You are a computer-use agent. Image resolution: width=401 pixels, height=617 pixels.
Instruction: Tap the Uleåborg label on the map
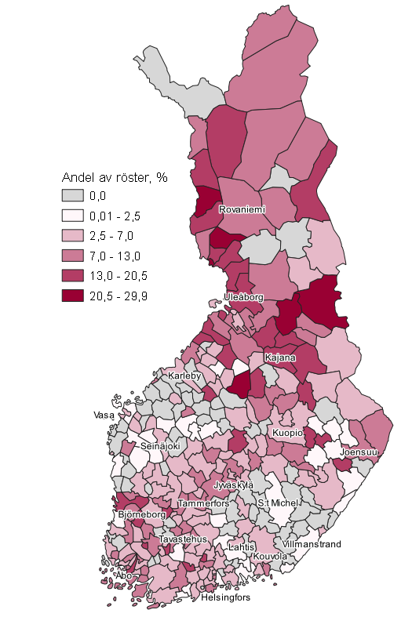coord(243,297)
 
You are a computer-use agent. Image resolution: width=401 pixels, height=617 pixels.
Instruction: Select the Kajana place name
coord(281,358)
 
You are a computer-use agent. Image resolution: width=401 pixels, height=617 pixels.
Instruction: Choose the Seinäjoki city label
coord(159,445)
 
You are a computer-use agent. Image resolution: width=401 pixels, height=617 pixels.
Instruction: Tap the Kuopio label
coord(287,433)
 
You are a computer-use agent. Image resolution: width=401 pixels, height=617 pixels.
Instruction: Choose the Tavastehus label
coord(182,539)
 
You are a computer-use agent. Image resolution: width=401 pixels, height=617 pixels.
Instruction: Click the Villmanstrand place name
coord(312,543)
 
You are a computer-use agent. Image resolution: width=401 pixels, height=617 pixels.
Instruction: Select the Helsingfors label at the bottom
coord(225,598)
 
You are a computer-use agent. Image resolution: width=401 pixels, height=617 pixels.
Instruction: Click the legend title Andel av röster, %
coord(115,177)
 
